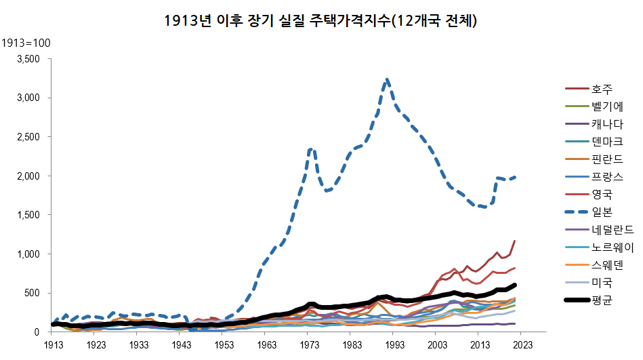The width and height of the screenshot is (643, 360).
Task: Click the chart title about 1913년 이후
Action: click(322, 21)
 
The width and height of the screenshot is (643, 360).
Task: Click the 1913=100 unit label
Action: click(26, 43)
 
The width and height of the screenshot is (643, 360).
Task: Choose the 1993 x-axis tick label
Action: click(392, 344)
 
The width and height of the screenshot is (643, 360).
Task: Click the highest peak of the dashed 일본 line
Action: click(386, 79)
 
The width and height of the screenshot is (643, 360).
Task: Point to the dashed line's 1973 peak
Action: click(310, 148)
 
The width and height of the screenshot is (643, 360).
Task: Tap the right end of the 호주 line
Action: click(516, 241)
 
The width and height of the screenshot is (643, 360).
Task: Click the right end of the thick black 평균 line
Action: click(516, 285)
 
